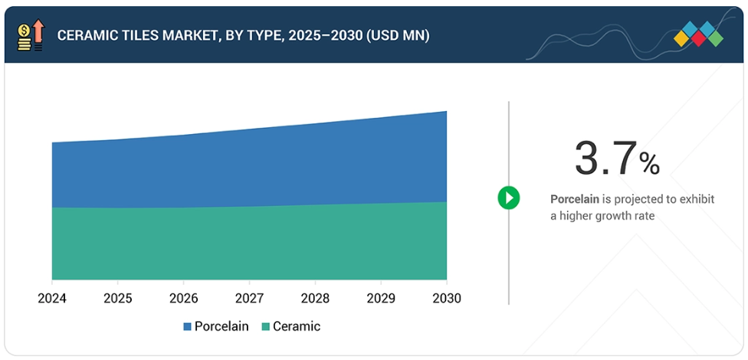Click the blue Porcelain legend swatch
(x=187, y=327)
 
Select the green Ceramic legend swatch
(x=265, y=327)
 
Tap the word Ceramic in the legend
(x=297, y=326)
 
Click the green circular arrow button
(x=508, y=198)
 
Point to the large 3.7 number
(x=605, y=159)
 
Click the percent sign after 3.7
(x=649, y=163)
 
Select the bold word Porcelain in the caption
(x=575, y=199)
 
